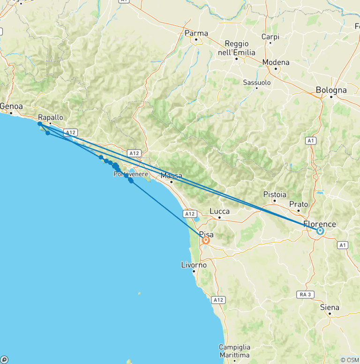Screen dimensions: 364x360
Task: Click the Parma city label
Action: tap(196, 33)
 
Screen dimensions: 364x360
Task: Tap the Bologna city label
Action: tap(331, 90)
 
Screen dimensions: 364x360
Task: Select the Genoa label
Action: tap(11, 106)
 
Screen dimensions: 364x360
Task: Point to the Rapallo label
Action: tap(51, 118)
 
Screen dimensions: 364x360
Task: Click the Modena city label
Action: tap(276, 62)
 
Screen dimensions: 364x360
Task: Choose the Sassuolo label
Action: tap(257, 83)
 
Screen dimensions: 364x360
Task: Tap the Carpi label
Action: tap(270, 37)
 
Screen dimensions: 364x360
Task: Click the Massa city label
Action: tap(171, 176)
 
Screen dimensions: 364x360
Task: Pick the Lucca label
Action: tap(219, 211)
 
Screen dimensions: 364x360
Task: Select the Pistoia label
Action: tap(275, 194)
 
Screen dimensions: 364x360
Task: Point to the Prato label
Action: tap(299, 204)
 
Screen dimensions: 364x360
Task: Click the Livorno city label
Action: tap(194, 265)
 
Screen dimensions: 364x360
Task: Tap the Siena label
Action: tap(330, 308)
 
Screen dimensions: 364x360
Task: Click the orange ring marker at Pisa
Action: tap(206, 240)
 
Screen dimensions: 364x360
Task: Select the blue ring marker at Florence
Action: tap(320, 231)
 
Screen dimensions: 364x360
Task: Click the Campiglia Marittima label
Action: tap(234, 351)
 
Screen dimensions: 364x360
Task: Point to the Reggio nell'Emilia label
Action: tap(237, 48)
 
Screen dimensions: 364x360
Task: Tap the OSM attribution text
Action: tap(350, 360)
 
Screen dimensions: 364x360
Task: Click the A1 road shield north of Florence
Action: tap(311, 140)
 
